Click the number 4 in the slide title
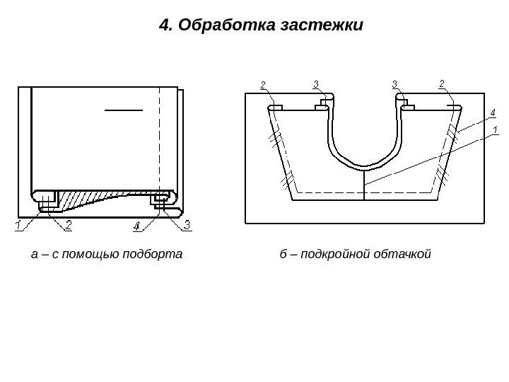click(165, 26)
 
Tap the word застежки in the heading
click(322, 26)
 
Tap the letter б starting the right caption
click(283, 253)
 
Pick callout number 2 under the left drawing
click(69, 226)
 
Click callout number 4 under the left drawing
click(136, 226)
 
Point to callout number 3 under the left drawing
click(187, 226)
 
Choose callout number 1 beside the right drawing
click(494, 129)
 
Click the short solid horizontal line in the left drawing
click(124, 110)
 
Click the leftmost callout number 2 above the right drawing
click(263, 86)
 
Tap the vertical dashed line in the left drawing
click(160, 141)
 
